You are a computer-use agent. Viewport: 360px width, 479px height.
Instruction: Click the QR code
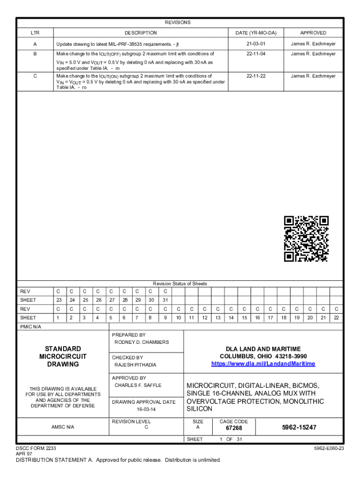[306, 239]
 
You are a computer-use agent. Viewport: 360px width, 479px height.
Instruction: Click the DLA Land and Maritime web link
[263, 364]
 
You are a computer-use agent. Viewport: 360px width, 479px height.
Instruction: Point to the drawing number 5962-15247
[299, 428]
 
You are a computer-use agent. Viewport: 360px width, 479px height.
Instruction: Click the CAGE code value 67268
[234, 428]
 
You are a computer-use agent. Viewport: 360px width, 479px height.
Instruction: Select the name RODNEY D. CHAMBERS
[142, 342]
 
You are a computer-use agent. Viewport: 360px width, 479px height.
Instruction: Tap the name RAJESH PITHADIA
[136, 365]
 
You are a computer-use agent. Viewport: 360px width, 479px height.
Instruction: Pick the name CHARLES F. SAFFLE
[138, 385]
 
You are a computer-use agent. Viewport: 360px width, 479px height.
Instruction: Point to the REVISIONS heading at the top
[178, 22]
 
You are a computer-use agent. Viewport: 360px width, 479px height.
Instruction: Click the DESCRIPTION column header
[141, 33]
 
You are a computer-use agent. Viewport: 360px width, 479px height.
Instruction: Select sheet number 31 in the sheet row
[165, 300]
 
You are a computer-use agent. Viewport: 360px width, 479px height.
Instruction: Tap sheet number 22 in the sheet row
[336, 318]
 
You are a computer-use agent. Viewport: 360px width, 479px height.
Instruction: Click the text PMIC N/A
[30, 327]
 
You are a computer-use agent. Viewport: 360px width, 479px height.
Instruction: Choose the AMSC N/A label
[63, 427]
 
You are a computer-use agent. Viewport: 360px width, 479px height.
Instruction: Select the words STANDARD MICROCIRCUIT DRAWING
[63, 356]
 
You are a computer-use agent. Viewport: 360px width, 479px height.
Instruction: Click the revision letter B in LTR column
[35, 54]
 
